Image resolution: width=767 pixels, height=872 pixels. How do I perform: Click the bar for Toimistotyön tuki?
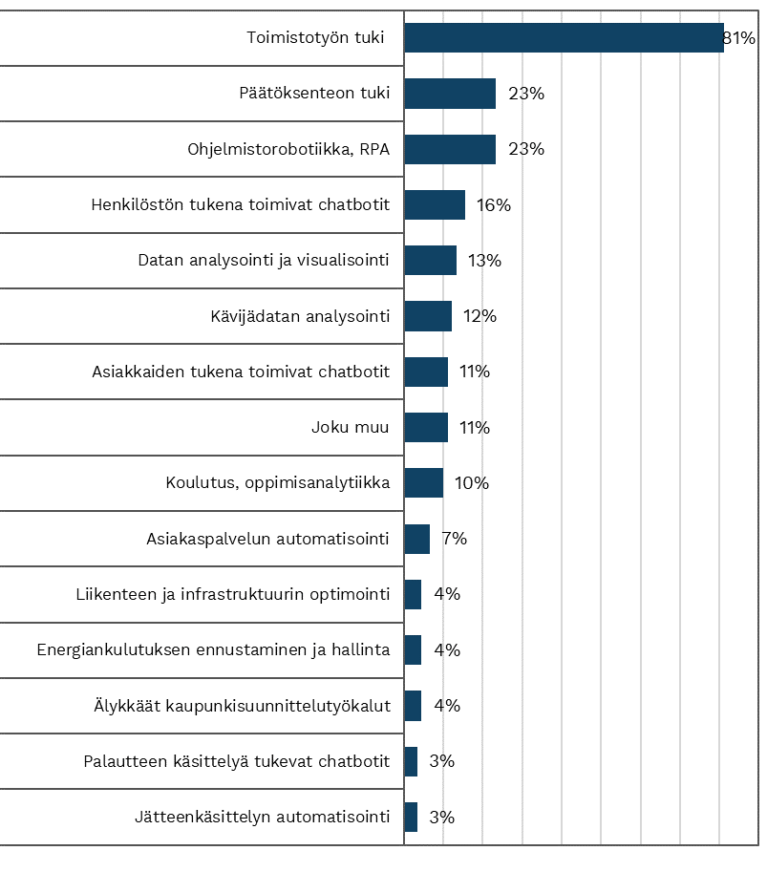pos(564,38)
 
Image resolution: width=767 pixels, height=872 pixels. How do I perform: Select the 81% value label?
pos(739,38)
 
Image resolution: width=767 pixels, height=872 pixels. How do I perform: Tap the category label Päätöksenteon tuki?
pos(314,93)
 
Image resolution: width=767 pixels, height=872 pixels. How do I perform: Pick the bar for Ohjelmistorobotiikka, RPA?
pos(450,149)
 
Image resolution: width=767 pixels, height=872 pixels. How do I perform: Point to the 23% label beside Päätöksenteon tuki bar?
pos(526,94)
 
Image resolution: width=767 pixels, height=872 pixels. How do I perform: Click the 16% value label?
pos(494,205)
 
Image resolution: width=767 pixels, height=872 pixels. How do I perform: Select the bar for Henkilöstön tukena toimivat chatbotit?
pos(435,204)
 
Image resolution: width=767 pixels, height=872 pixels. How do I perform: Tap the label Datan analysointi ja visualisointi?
pos(264,261)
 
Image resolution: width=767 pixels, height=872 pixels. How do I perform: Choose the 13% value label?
pos(484,261)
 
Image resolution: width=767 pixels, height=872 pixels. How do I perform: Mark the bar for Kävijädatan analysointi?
pos(428,316)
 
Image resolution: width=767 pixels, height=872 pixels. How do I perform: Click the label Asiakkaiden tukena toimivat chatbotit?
pos(241,372)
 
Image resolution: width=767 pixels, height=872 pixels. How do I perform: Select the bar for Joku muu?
pos(426,427)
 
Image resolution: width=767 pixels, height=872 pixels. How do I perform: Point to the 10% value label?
pos(472,482)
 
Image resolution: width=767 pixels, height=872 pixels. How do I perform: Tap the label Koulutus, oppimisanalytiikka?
pos(278,482)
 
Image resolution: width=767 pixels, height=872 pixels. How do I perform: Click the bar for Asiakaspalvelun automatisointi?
pos(417,539)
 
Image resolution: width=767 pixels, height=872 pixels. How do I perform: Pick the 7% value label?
pos(455,539)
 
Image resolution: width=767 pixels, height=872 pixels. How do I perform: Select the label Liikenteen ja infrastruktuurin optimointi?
pos(232,594)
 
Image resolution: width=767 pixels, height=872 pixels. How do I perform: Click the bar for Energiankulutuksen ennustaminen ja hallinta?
pos(413,650)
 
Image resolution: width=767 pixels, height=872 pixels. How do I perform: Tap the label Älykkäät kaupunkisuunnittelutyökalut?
pos(242,705)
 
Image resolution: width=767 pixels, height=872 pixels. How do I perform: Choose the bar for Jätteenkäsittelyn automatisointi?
pos(411,817)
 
